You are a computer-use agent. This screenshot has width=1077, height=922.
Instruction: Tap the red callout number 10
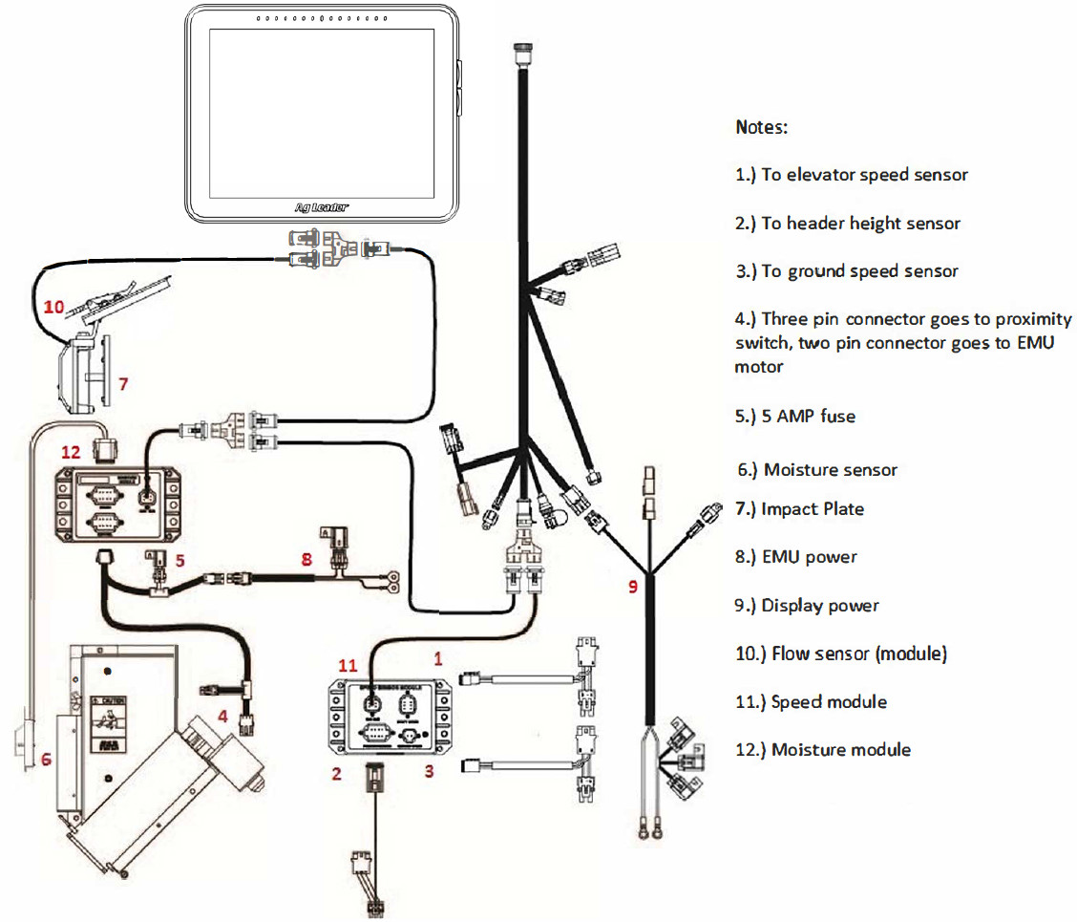coord(53,307)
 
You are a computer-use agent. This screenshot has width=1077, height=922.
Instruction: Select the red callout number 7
coord(122,384)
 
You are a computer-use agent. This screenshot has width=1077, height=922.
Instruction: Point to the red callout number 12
coord(71,452)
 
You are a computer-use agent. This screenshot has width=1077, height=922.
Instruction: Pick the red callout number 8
coord(306,559)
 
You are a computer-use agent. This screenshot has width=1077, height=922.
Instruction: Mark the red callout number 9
coord(632,587)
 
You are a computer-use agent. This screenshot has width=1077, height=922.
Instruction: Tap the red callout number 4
coord(221,713)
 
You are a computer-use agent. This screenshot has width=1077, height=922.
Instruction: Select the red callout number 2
coord(336,773)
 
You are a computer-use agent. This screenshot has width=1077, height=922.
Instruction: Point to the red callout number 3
coord(430,770)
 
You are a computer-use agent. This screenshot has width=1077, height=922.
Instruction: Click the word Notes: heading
coord(761,127)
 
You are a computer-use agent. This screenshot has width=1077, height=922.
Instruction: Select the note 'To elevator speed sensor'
coord(851,175)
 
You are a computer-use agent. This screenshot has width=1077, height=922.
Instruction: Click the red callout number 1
coord(438,658)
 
